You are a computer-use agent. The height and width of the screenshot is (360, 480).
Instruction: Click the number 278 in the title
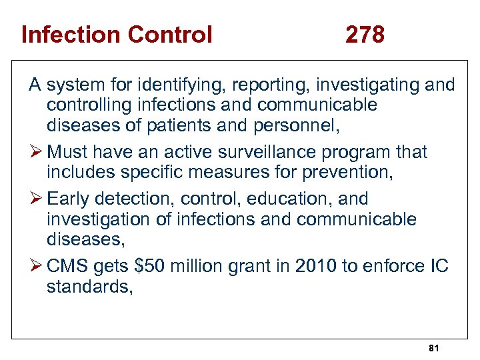coord(365,34)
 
